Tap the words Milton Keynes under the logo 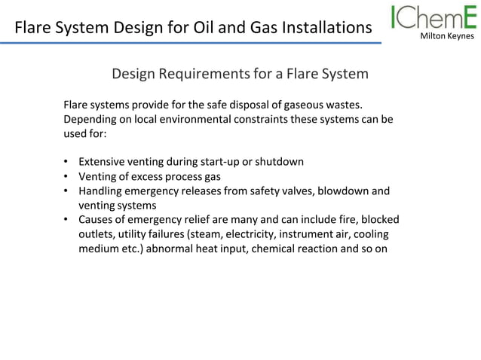coord(446,35)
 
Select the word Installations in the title coord(326,29)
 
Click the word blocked coord(377,220)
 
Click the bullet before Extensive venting coord(67,162)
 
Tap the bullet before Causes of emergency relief coord(67,220)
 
